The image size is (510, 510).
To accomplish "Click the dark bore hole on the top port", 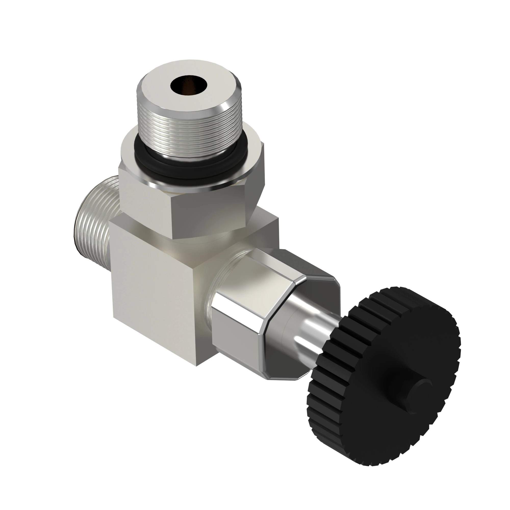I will [189, 84].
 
